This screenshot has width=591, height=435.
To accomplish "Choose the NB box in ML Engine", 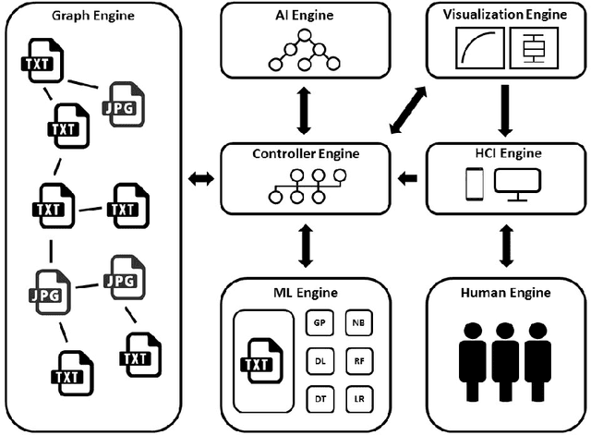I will click(x=359, y=323).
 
